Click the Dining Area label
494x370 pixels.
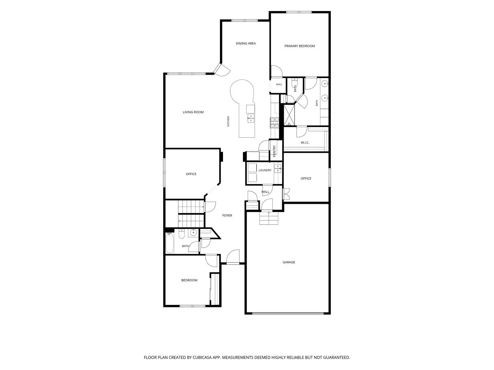point(246,44)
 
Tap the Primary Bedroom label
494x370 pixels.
point(299,46)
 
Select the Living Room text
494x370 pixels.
point(193,112)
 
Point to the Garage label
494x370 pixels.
point(289,262)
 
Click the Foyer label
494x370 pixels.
point(227,215)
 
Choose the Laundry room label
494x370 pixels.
point(265,170)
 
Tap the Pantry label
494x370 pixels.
point(274,151)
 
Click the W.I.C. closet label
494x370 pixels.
point(305,143)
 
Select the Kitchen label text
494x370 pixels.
point(228,121)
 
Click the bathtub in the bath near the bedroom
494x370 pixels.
point(170,243)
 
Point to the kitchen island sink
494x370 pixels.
point(251,118)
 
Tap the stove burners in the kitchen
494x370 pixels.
point(274,123)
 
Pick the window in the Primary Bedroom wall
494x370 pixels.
point(299,12)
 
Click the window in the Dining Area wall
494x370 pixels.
point(244,21)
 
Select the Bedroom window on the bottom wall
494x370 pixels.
point(192,306)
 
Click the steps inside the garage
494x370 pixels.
point(269,218)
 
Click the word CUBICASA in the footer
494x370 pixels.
point(202,357)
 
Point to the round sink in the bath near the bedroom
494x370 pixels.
point(193,233)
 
